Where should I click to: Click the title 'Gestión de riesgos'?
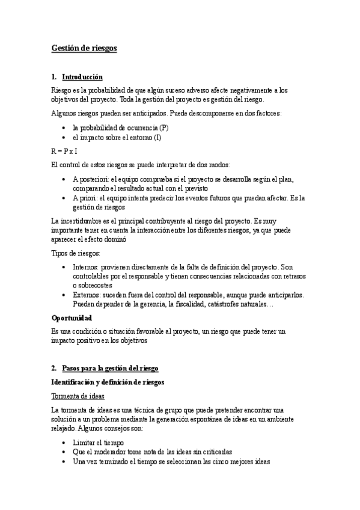coord(84,49)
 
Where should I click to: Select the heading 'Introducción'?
coord(82,77)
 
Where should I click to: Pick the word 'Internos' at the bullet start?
coord(86,267)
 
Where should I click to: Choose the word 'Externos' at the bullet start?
coord(87,295)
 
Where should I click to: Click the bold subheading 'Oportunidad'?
coord(72,317)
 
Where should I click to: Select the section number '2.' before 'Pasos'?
coord(54,367)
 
